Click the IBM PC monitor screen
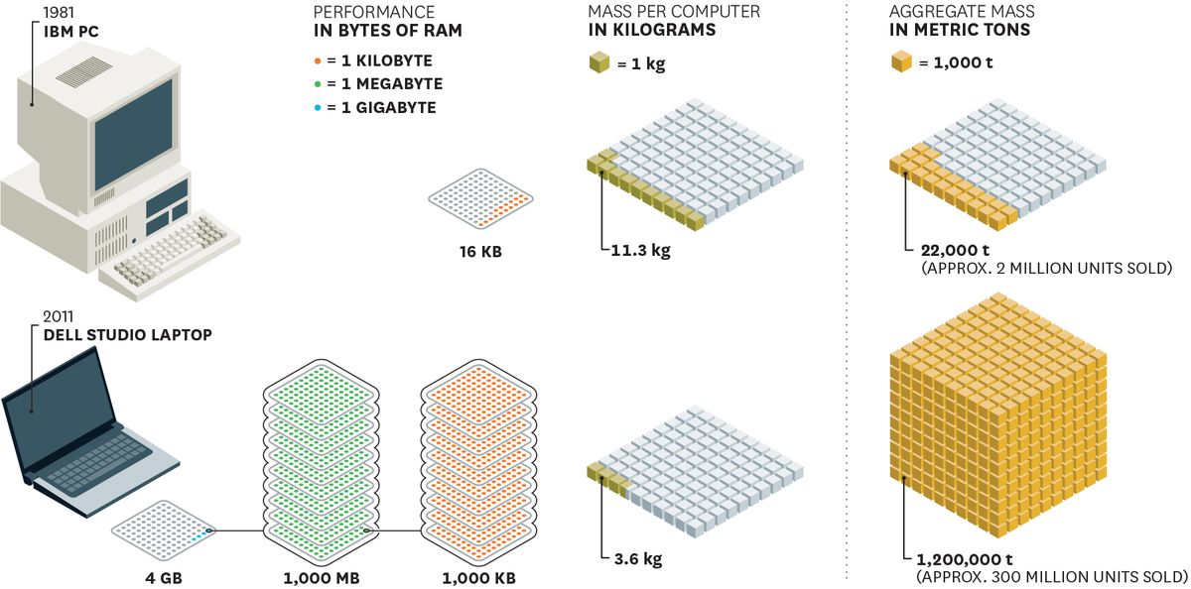tap(133, 135)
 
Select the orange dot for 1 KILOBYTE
tap(318, 61)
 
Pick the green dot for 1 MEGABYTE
tap(318, 84)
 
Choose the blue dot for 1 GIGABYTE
tap(318, 108)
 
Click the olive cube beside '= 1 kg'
tap(599, 62)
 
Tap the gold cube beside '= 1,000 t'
tap(901, 61)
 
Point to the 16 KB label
tap(480, 252)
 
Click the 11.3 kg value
tap(640, 250)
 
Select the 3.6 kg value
tap(638, 558)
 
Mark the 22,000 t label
tap(955, 250)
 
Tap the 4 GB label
tap(164, 578)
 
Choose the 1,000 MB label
tap(322, 578)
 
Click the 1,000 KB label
tap(478, 578)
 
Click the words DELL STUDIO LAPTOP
tap(128, 335)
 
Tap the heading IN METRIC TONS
tap(960, 30)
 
